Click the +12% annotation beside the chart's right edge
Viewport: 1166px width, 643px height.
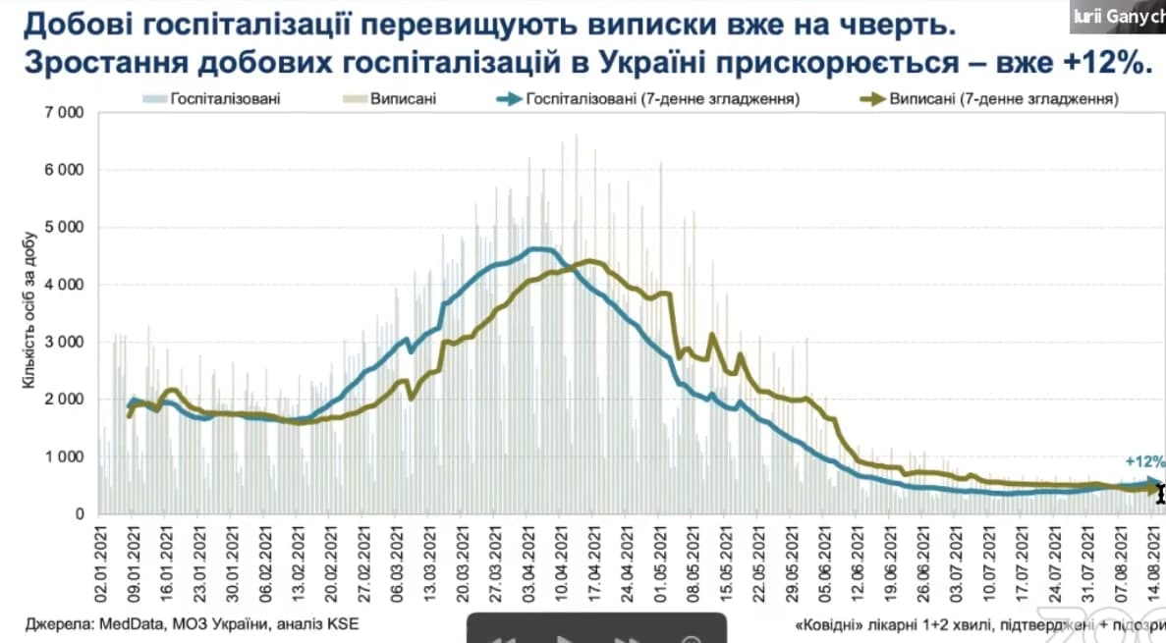point(1145,460)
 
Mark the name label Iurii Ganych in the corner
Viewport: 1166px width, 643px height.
point(1120,14)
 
